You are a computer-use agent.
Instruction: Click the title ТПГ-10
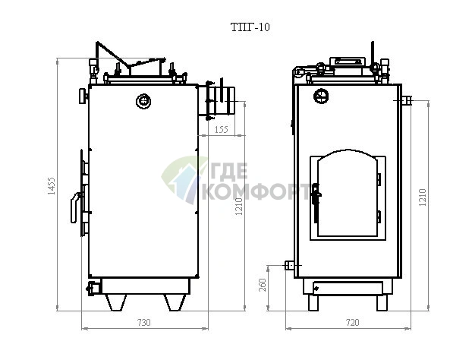[x=250, y=27]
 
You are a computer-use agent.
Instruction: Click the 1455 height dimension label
[x=52, y=186]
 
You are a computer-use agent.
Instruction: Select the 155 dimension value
[x=222, y=130]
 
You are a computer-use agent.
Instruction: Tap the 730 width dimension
[x=143, y=323]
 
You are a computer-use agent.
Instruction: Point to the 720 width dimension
[x=353, y=323]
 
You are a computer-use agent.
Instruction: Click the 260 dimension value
[x=263, y=285]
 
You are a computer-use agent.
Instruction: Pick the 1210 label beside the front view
[x=423, y=197]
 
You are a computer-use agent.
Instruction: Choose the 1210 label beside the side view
[x=239, y=207]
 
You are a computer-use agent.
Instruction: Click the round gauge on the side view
[x=143, y=101]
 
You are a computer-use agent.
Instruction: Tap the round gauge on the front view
[x=321, y=96]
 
